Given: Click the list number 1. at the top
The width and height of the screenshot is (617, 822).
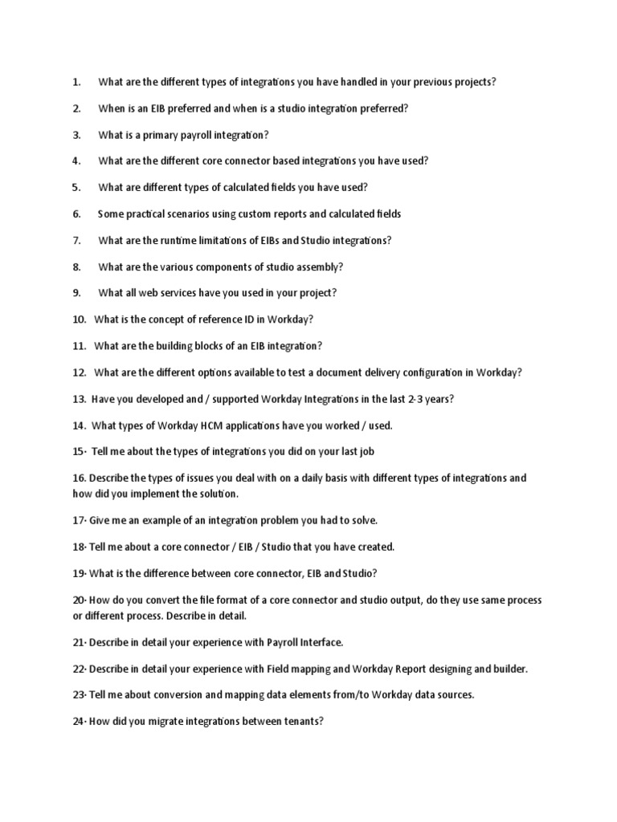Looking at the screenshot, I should point(77,82).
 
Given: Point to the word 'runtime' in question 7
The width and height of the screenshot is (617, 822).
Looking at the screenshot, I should point(181,240).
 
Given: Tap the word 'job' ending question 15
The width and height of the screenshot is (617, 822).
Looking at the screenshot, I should point(366,451).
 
